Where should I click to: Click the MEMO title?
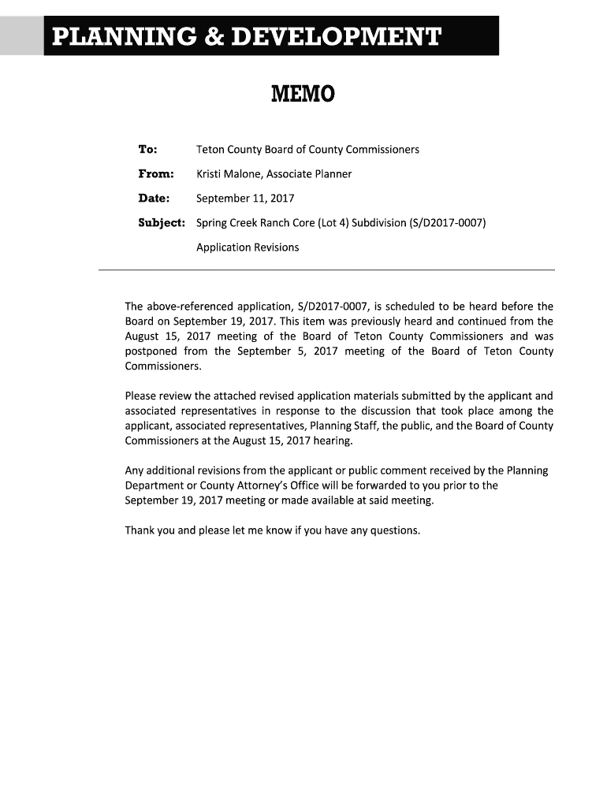coord(303,95)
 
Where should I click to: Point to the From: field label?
coord(155,173)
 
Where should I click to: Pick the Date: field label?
coord(154,198)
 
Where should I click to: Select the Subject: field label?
coord(162,222)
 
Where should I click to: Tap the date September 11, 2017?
coord(244,198)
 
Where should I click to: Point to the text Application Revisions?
coord(248,247)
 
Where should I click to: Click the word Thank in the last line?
coord(140,530)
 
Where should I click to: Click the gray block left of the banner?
coord(21,35)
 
